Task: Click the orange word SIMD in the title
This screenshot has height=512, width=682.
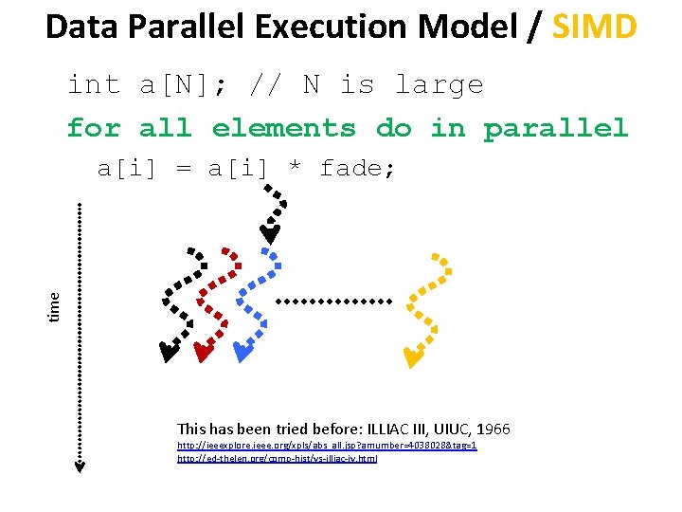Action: pos(595,27)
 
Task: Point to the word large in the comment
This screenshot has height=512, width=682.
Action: pos(439,85)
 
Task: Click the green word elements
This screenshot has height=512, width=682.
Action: pos(284,127)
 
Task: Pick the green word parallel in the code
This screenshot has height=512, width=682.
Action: pos(556,127)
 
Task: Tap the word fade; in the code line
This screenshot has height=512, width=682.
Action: pos(358,169)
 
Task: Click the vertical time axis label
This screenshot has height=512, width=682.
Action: pos(55,304)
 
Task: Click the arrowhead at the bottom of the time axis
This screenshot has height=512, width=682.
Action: pos(81,466)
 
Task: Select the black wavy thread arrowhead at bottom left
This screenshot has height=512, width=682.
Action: pos(168,354)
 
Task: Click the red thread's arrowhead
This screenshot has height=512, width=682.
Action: pos(202,354)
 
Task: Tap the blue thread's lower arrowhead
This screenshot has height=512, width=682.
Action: pos(242,354)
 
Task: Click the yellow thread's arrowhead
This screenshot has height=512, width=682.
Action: pos(412,357)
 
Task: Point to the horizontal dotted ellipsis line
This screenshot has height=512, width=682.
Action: pos(332,302)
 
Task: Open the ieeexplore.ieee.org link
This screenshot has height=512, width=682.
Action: pos(327,445)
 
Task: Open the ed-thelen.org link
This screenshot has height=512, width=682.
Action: pos(277,458)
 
